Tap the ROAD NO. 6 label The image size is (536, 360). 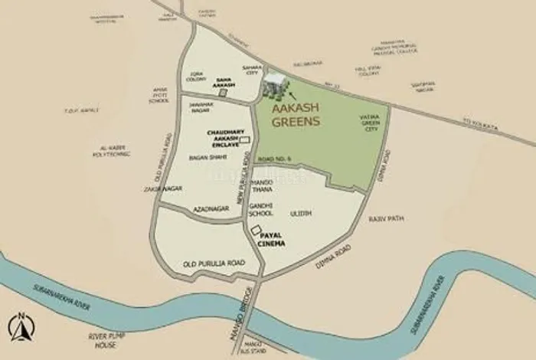(273, 159)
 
